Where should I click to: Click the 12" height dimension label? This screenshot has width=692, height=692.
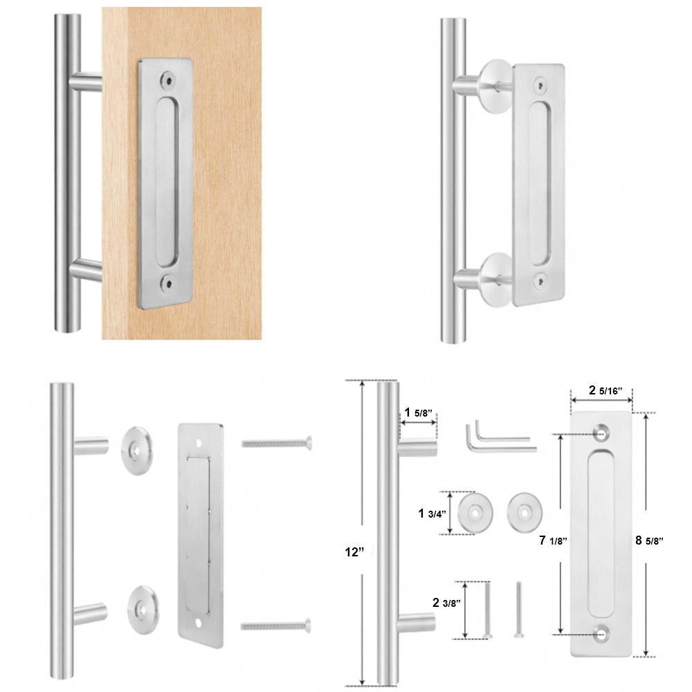pos(354,552)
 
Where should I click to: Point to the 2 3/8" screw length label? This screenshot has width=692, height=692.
pos(445,602)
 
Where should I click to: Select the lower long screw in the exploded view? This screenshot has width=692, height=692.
pos(275,626)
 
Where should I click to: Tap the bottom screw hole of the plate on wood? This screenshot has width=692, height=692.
pos(166,282)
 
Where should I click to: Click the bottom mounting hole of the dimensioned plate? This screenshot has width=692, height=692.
pos(600,632)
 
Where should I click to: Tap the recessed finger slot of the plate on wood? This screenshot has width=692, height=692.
pos(166,181)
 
